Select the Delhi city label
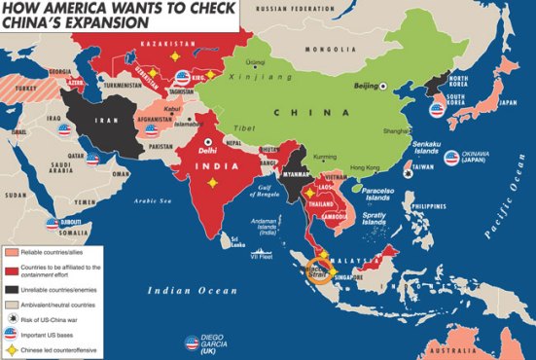[x=209, y=152]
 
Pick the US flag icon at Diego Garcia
[x=192, y=342]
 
